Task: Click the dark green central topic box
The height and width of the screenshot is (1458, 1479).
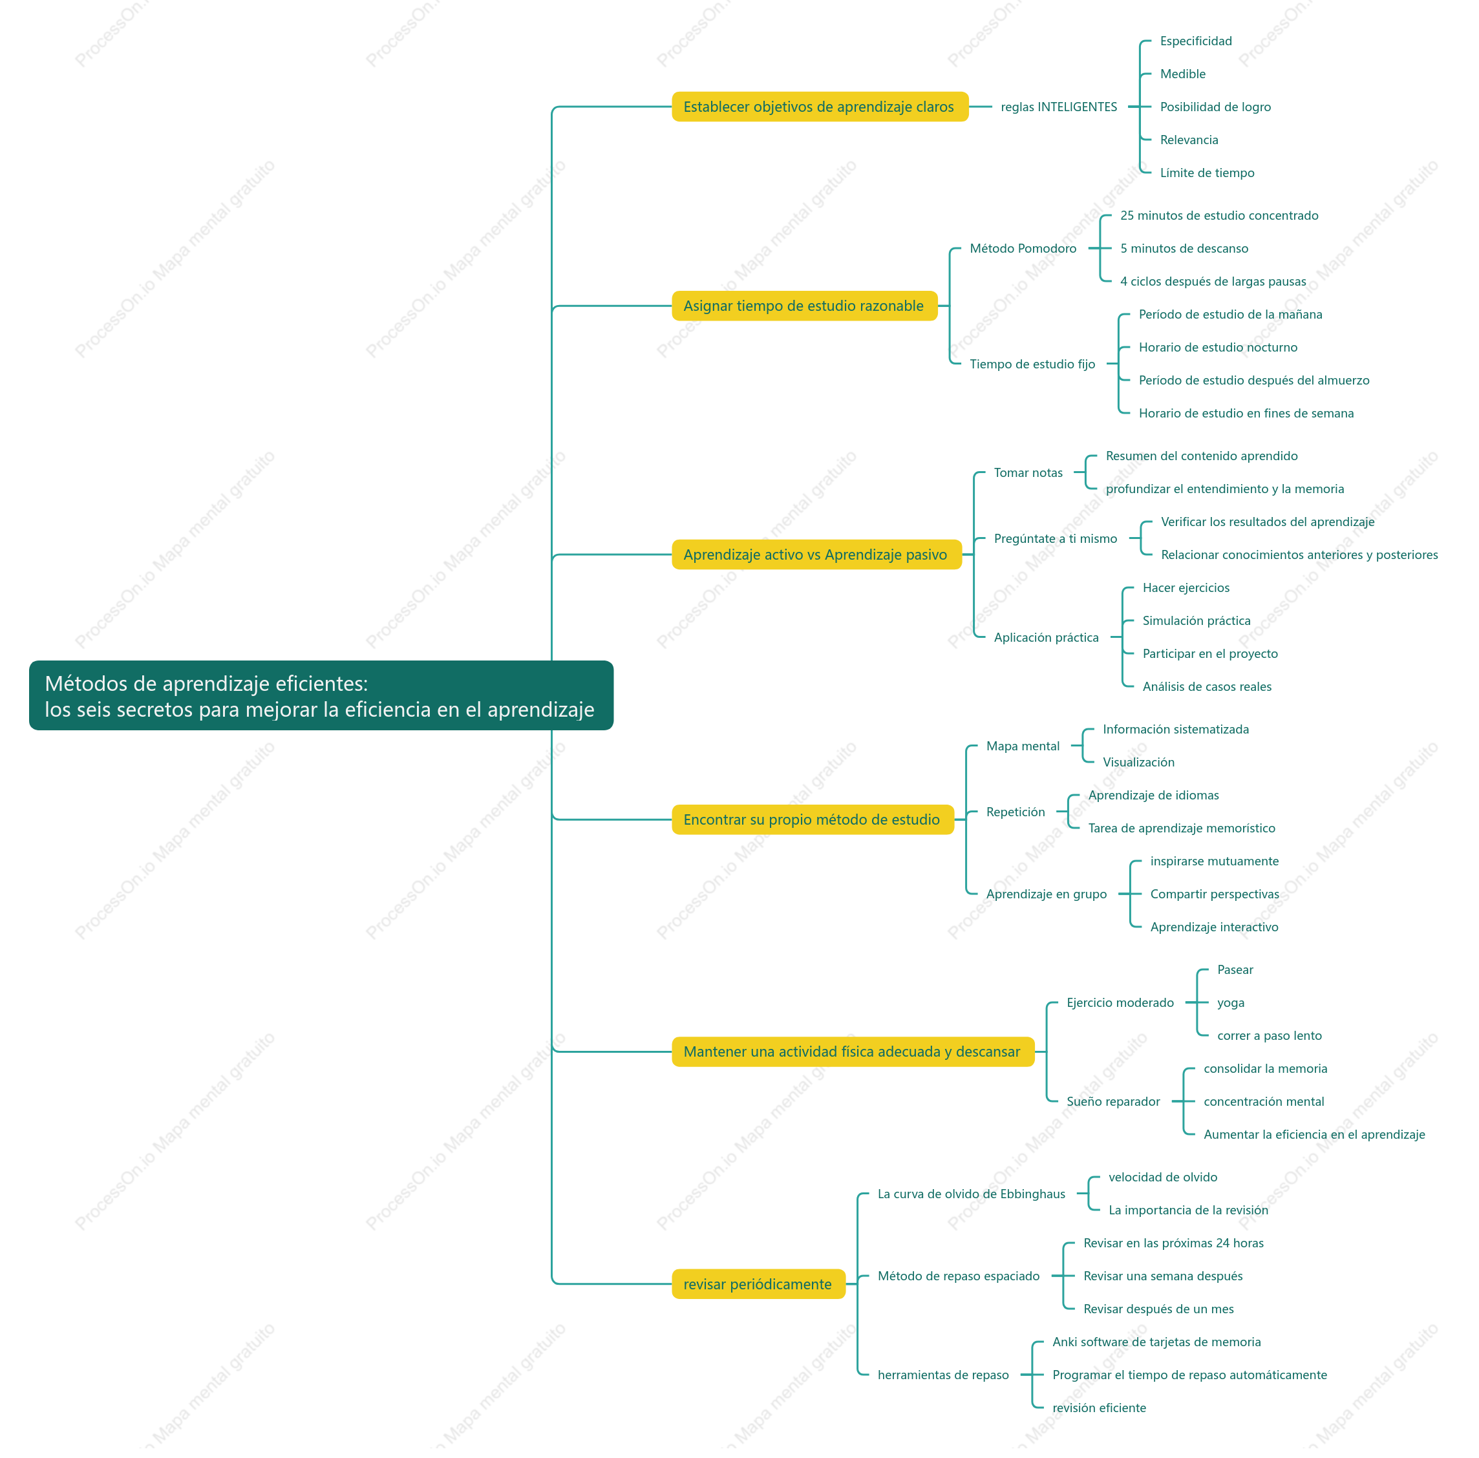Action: (x=321, y=695)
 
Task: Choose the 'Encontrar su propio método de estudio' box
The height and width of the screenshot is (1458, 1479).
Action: (x=813, y=819)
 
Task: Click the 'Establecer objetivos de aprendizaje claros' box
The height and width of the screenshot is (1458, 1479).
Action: (x=819, y=107)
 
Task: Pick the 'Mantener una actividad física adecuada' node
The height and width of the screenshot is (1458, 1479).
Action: (x=852, y=1051)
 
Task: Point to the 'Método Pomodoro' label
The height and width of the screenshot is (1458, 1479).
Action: (x=1023, y=248)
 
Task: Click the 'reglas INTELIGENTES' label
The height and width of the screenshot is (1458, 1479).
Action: (x=1059, y=107)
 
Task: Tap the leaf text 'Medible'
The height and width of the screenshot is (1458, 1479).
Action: (x=1183, y=74)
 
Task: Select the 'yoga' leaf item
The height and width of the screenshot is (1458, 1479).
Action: (x=1230, y=1002)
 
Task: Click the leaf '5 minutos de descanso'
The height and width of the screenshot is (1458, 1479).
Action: (x=1184, y=248)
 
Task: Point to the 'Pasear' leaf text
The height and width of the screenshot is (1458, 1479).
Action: (x=1235, y=969)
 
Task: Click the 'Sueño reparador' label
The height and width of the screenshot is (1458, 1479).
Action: (x=1113, y=1101)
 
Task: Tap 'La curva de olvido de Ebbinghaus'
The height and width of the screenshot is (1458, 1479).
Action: (x=971, y=1193)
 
